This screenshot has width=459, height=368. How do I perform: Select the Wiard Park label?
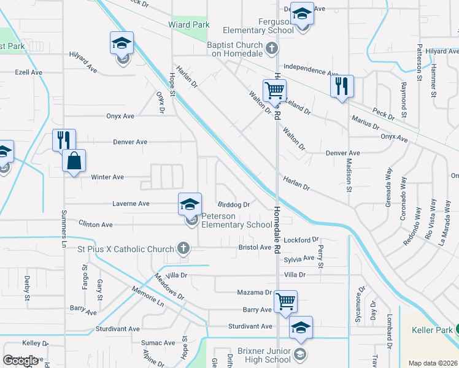coord(189,25)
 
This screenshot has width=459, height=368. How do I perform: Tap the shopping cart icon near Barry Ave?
coord(285,302)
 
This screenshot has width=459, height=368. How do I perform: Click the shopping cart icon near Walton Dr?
coord(274,91)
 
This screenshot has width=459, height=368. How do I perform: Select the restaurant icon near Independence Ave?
coord(342,85)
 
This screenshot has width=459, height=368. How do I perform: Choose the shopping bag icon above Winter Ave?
coord(74,161)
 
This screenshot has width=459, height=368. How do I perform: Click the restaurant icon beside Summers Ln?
coord(64,140)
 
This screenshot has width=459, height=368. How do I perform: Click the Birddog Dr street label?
coord(234,205)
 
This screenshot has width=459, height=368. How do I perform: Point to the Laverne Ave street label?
coord(131,204)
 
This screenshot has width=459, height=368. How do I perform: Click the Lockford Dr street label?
coord(306,240)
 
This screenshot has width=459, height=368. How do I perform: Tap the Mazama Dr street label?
coord(255,293)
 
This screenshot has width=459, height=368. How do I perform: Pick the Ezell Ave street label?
coord(28,72)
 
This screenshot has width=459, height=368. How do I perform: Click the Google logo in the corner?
coord(21,361)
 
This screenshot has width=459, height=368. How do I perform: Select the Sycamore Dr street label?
coord(361,297)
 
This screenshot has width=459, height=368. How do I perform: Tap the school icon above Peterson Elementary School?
coord(190,204)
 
